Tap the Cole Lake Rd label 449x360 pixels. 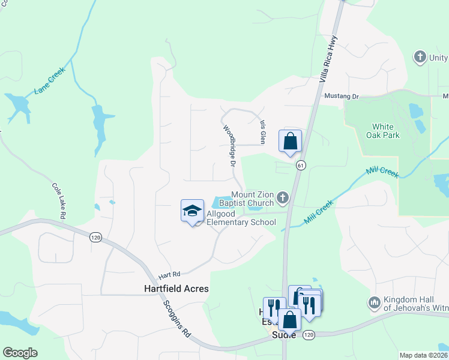59,200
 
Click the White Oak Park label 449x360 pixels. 382,131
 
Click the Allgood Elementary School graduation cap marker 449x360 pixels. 192,211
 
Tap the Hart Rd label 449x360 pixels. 169,275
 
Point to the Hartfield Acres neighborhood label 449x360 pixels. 176,289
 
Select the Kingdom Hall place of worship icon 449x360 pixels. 375,301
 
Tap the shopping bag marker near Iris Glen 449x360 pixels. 290,142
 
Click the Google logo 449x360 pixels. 20,353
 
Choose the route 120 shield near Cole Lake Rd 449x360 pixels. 95,238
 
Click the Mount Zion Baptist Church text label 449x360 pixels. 253,199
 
